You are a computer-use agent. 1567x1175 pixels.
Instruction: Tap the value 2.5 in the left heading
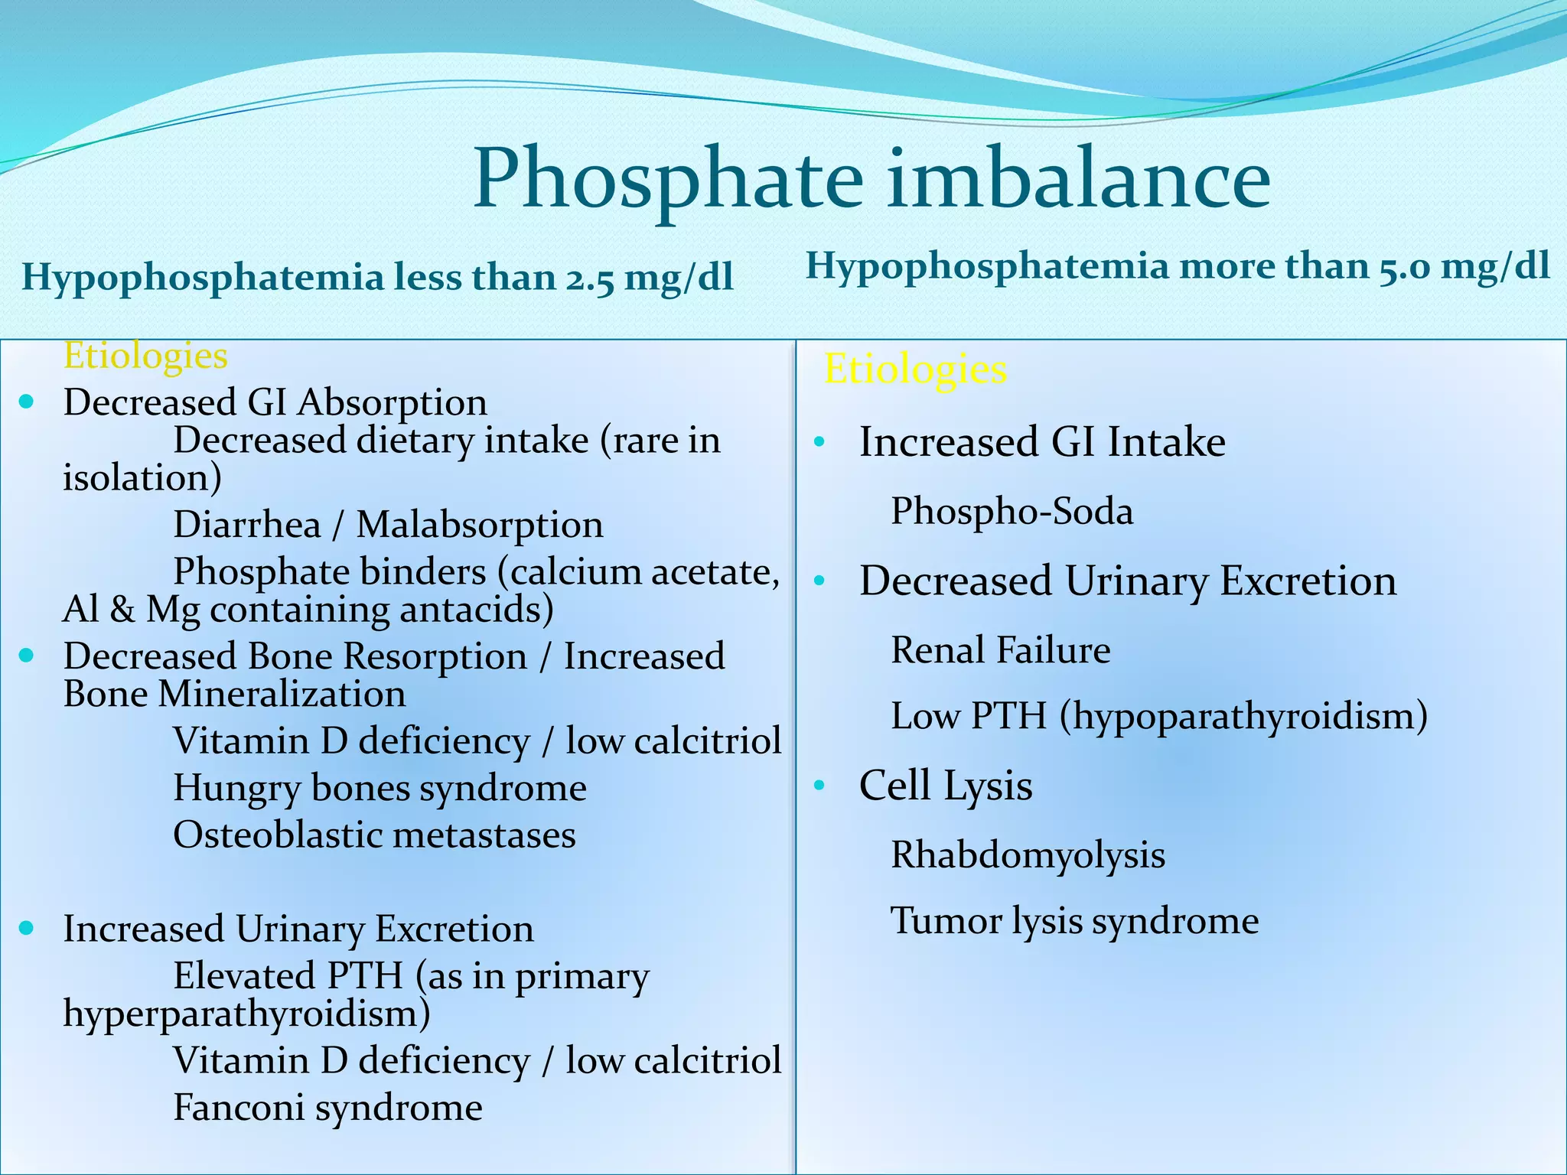pos(590,279)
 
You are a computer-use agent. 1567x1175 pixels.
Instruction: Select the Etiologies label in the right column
pos(915,369)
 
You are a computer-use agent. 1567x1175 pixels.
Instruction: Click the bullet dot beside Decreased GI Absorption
pos(28,401)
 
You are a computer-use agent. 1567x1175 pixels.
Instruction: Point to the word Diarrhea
pos(247,526)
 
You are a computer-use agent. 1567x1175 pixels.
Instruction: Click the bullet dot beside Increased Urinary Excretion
pos(28,928)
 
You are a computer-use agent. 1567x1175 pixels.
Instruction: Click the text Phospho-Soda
pos(1012,512)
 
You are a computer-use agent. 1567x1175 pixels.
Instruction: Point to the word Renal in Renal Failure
pos(937,651)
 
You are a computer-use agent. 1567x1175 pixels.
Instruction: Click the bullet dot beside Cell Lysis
pos(820,786)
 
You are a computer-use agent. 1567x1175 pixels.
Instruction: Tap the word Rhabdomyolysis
pos(1028,855)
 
